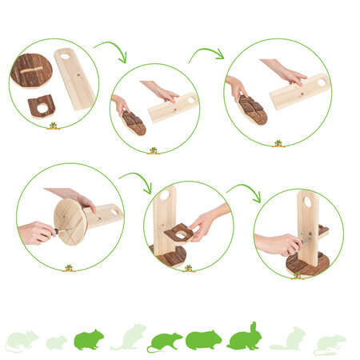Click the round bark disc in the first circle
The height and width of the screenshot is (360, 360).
[31, 70]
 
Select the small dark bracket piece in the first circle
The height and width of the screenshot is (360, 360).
[40, 106]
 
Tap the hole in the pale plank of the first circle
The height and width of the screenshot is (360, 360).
[65, 57]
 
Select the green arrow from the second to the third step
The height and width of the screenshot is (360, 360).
[206, 54]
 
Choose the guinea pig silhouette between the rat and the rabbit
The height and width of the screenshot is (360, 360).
[203, 340]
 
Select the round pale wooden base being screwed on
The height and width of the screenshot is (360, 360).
[70, 221]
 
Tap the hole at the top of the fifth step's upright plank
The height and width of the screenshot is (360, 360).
[164, 195]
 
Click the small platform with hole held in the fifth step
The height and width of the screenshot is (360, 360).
[180, 233]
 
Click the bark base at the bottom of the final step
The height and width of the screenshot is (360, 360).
[307, 263]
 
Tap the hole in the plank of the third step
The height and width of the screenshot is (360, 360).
[322, 82]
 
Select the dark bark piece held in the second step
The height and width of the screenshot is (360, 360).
[134, 122]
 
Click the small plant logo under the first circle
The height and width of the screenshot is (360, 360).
[53, 126]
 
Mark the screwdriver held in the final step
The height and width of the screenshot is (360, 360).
[305, 238]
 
